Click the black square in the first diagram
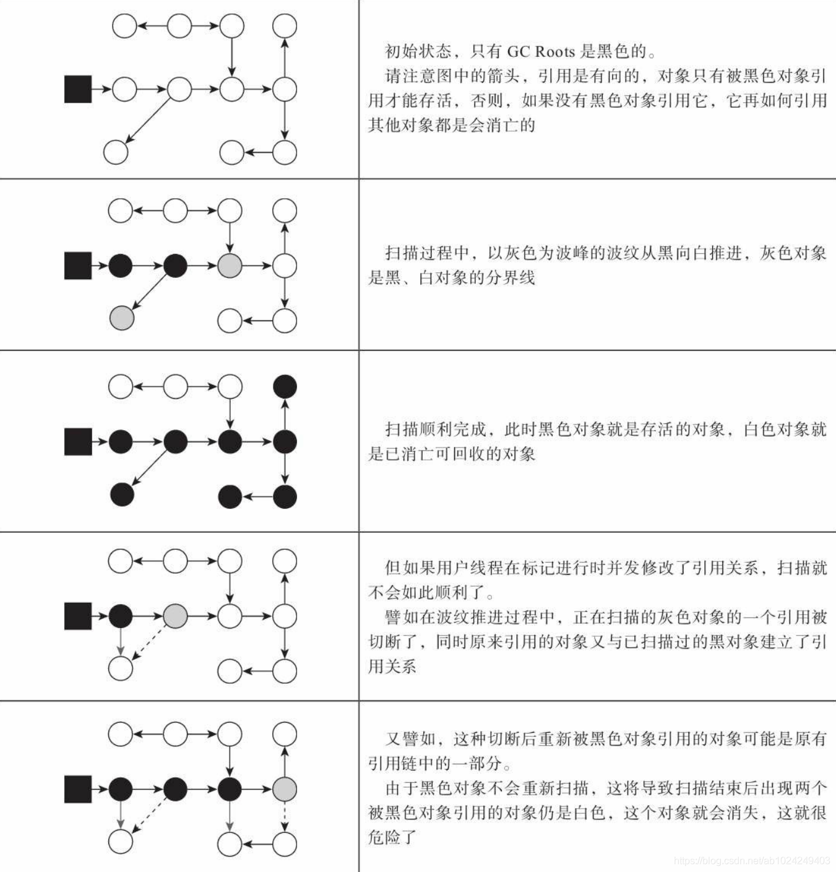(78, 89)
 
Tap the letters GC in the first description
(517, 51)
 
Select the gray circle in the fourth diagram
(175, 616)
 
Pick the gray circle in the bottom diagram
(285, 789)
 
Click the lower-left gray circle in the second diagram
(122, 317)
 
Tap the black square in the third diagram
(78, 442)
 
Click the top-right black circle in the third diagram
(285, 387)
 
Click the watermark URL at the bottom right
(752, 861)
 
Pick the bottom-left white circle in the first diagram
(116, 152)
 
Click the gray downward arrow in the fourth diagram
(121, 641)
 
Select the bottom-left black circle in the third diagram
(122, 494)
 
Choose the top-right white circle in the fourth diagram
(285, 561)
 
